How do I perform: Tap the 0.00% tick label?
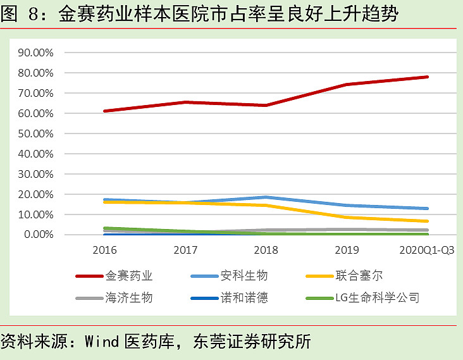(x=39, y=235)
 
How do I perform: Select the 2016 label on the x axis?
(x=104, y=249)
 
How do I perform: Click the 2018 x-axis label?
(x=267, y=249)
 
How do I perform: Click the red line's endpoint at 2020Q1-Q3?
(x=428, y=77)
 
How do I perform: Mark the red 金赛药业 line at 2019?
(x=347, y=84)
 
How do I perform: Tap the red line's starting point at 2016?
(x=104, y=111)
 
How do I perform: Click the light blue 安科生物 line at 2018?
(x=267, y=197)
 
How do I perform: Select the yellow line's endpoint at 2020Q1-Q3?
(x=428, y=221)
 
